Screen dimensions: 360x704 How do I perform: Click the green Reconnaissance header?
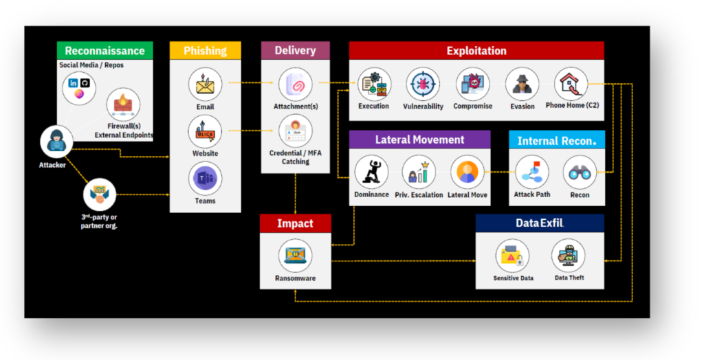coord(104,51)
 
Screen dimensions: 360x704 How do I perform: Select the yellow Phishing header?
coord(205,51)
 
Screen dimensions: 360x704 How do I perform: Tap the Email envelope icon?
coord(205,85)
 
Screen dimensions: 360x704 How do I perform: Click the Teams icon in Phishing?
coord(205,179)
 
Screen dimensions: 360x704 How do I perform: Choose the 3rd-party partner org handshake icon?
coord(100,194)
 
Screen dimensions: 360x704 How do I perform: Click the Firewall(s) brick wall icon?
coord(124,105)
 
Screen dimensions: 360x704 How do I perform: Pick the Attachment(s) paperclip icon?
coord(295,85)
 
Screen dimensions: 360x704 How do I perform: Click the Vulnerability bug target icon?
coord(423,85)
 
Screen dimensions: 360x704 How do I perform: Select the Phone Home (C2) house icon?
coord(571,85)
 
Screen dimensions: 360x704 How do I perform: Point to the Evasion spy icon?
coord(522,85)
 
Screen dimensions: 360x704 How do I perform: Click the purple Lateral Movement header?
coord(419,139)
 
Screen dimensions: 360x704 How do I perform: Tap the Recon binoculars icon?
coord(580,172)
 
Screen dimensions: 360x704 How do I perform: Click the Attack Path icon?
coord(532,172)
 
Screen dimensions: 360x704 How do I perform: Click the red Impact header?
coord(295,223)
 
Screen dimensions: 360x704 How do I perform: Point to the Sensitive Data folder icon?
coord(512,256)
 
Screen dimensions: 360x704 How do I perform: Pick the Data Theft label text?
coord(569,278)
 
